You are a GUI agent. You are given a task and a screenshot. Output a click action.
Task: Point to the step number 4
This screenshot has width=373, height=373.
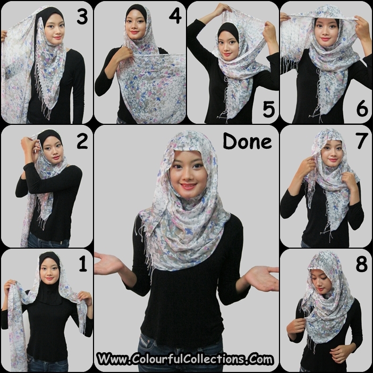[175, 16]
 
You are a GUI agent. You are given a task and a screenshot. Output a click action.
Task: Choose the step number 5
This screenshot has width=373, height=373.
[269, 109]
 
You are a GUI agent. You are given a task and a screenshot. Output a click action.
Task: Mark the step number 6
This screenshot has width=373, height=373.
[362, 108]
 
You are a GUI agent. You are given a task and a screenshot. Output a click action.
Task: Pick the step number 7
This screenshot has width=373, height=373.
[362, 141]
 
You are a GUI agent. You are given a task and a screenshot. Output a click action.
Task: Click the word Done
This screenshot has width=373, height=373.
[247, 141]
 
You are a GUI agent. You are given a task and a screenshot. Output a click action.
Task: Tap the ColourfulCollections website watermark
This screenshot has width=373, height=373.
[185, 359]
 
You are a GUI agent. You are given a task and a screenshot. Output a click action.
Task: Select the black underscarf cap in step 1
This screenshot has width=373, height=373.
[49, 281]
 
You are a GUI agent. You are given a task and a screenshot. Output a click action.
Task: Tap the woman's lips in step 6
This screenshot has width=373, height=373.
[325, 39]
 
